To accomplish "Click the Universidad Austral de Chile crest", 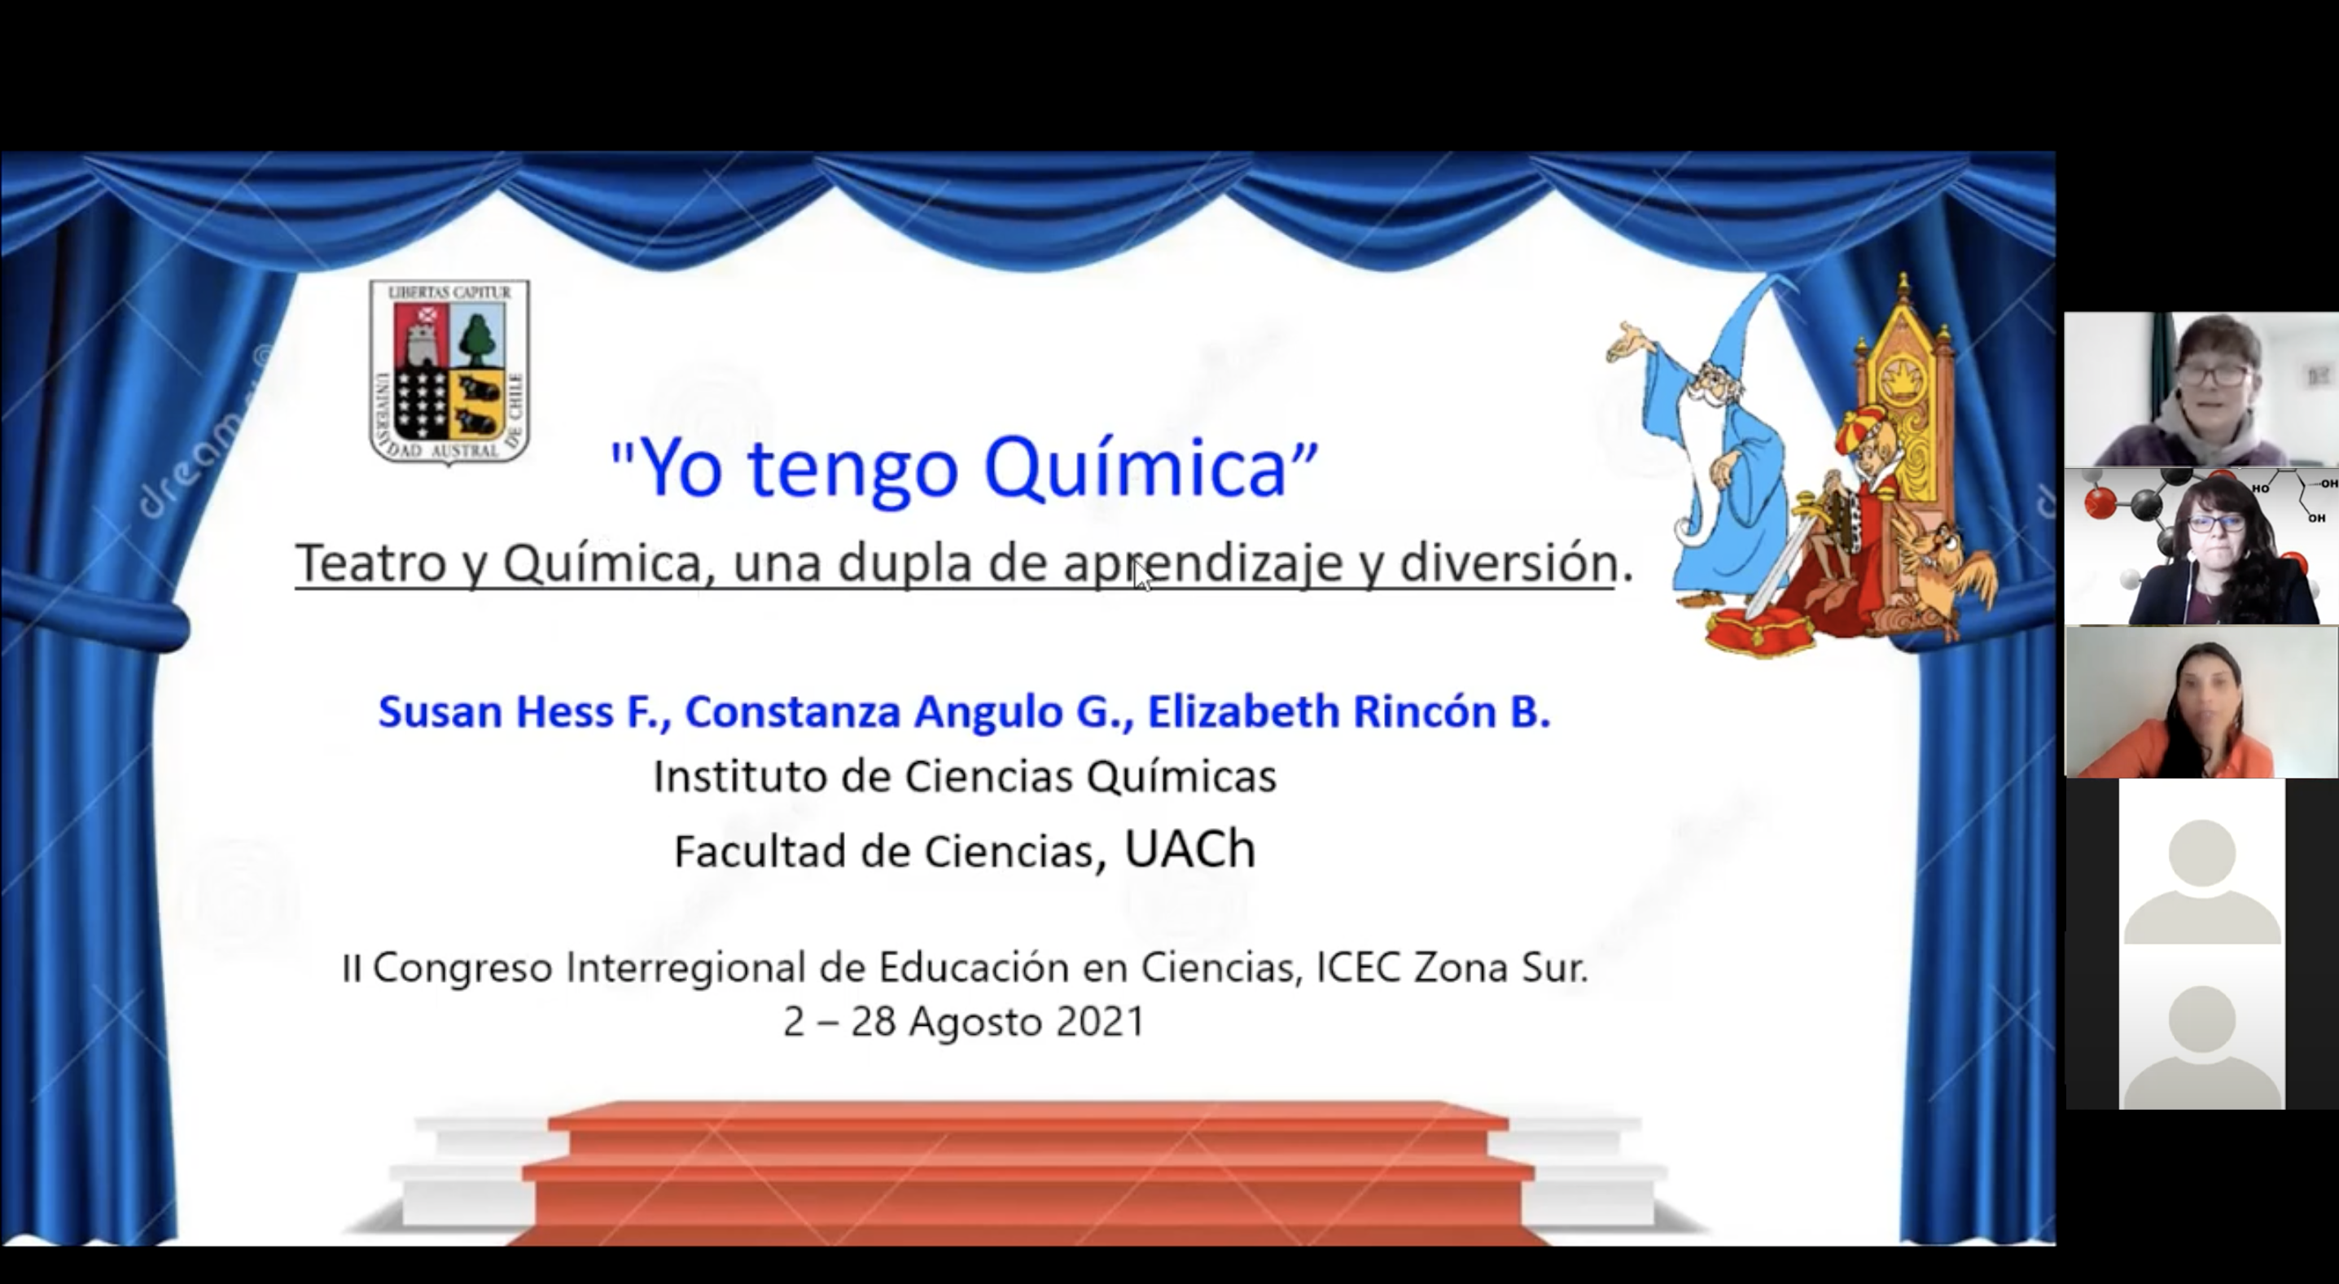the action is click(x=449, y=372).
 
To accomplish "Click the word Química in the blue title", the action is click(x=1136, y=468).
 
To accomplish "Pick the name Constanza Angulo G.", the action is click(x=909, y=712).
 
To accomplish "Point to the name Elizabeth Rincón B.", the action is click(x=1348, y=711).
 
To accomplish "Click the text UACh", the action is click(x=1189, y=849).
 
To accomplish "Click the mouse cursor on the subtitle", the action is click(x=1141, y=575).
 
